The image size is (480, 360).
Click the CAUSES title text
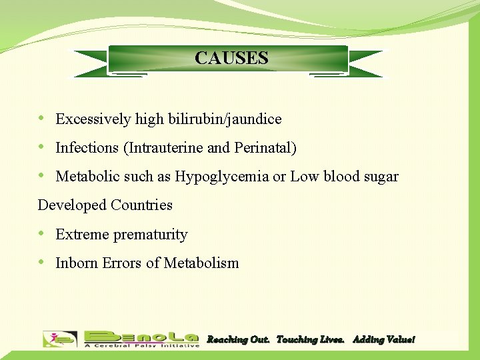coord(231,58)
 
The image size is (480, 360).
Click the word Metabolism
coord(201,263)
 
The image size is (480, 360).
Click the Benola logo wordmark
coord(141,339)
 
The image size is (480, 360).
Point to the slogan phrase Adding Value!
coord(383,340)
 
